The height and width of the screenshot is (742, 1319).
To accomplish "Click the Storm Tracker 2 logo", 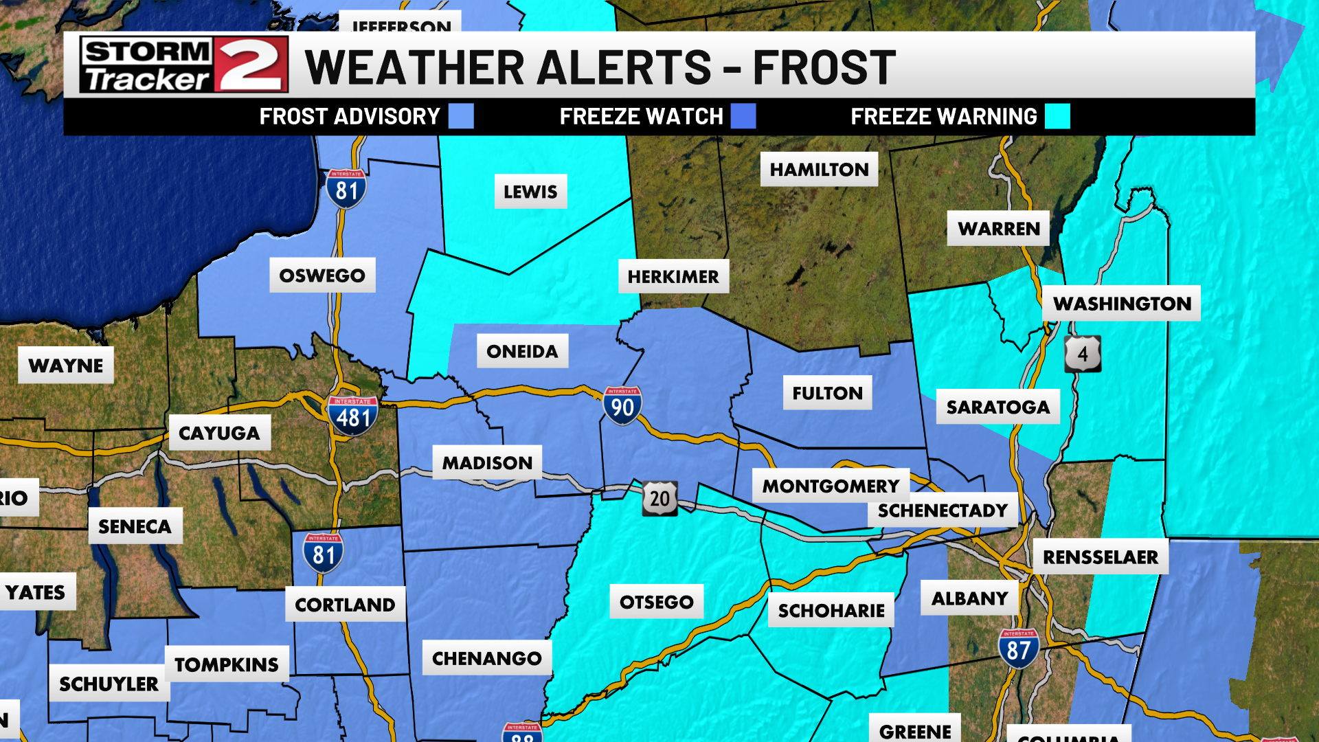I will tap(183, 65).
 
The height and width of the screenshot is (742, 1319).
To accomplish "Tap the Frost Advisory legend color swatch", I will tap(461, 116).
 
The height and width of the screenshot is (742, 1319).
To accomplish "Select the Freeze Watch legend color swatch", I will tap(743, 116).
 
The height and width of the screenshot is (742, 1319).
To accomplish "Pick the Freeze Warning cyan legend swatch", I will tap(1057, 116).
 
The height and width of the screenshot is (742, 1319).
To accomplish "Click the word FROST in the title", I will tap(824, 67).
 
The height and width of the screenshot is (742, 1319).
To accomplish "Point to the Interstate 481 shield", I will tap(352, 416).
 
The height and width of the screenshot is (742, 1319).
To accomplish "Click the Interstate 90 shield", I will tap(622, 406).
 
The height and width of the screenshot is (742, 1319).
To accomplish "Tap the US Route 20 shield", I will tap(659, 498).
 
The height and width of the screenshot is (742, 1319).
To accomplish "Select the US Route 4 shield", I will tap(1083, 354).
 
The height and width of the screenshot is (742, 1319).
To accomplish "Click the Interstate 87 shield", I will tap(1018, 648).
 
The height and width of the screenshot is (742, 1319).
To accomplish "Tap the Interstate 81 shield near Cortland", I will tap(323, 553).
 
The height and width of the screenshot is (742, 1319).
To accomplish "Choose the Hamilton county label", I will tap(819, 169).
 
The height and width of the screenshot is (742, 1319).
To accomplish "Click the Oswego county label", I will tap(322, 275).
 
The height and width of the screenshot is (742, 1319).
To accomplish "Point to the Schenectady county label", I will tap(942, 510).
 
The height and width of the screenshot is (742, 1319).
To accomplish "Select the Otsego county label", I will tap(656, 602).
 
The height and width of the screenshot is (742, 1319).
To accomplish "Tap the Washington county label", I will tap(1121, 303).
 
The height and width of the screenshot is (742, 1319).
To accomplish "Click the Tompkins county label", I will tap(226, 664).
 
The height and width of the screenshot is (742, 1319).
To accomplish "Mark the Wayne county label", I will tap(66, 365).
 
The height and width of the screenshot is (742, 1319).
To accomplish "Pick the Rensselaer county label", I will tap(1100, 556).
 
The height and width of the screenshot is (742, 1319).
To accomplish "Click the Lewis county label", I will tap(530, 192).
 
